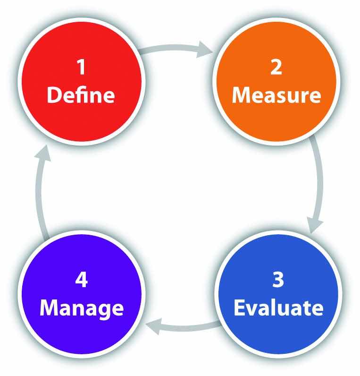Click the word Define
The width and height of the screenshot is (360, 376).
point(81,95)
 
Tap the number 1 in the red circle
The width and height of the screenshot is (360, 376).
point(82,67)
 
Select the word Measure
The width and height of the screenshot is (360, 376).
point(276,95)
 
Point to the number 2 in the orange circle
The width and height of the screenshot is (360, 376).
point(276,67)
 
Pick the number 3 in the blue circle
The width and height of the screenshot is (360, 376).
point(278,279)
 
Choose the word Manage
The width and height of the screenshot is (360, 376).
point(82,309)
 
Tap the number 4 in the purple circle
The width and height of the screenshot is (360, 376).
point(82,279)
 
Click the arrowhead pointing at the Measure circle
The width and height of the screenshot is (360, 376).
point(204,50)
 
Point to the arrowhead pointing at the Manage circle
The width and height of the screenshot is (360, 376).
point(154,326)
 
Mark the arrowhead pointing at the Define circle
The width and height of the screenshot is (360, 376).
point(43,153)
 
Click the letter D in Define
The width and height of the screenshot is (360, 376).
point(54,95)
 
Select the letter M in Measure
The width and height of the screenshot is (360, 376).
point(242,95)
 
